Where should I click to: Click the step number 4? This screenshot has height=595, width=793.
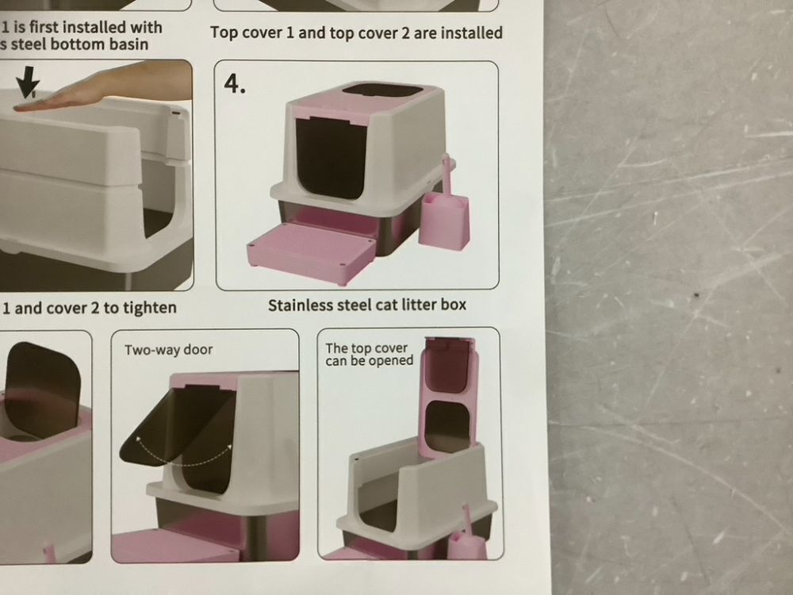coord(235,83)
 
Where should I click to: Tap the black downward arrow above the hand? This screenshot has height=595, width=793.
coord(27,82)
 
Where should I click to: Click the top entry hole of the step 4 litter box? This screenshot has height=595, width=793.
coord(382,90)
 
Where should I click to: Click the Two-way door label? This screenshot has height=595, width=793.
coord(168,350)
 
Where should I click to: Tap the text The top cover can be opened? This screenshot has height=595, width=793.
coord(369,354)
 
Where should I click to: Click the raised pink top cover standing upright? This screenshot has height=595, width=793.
coord(450,394)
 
